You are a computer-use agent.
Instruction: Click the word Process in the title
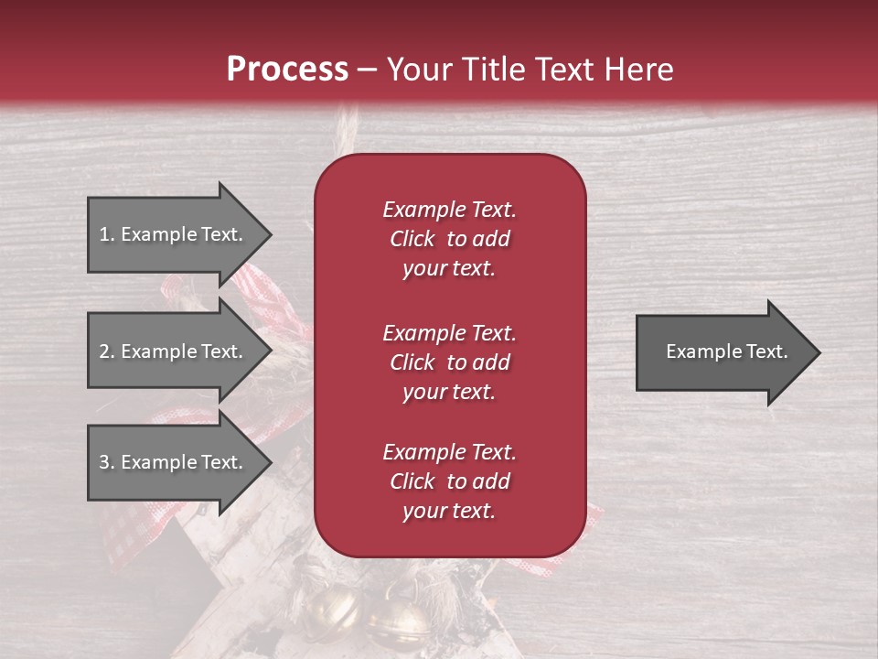tap(287, 70)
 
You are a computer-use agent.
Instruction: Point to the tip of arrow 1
tap(270, 234)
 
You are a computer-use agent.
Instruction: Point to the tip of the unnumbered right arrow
tap(819, 352)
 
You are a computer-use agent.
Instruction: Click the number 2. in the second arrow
tap(107, 351)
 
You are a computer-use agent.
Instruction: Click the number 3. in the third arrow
tap(107, 462)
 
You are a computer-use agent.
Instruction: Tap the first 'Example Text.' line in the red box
tap(449, 210)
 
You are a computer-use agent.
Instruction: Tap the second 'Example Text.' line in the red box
tap(449, 332)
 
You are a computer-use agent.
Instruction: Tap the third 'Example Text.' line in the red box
tap(449, 452)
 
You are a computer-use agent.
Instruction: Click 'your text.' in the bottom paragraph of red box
tap(449, 512)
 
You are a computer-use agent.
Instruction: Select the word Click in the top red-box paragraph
tap(412, 239)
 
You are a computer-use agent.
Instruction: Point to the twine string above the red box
tap(346, 128)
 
